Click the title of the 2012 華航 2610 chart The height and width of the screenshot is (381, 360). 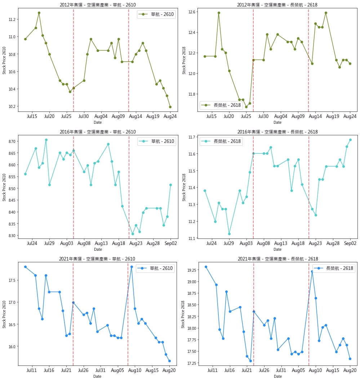tap(97, 5)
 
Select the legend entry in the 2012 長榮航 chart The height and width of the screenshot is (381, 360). tap(221, 105)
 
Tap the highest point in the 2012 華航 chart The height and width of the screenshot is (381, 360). tap(39, 13)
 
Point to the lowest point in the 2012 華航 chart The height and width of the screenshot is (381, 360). tap(170, 107)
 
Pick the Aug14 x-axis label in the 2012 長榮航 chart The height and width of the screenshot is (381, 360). tap(315, 117)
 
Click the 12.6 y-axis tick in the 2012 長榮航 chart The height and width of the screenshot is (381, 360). tap(191, 12)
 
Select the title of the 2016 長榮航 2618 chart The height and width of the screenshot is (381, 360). tap(277, 132)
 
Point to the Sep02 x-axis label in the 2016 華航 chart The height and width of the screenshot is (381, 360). tap(170, 244)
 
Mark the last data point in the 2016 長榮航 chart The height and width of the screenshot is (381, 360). tap(350, 140)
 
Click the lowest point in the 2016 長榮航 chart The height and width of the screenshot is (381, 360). tap(229, 234)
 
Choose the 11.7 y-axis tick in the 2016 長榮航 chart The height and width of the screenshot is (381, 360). tap(191, 137)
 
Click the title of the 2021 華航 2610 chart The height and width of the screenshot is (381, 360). tap(97, 259)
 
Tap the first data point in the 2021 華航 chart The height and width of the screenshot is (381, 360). tap(25, 267)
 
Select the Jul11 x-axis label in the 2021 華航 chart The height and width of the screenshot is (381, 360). tap(32, 370)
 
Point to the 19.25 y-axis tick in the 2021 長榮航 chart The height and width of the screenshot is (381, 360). tap(190, 270)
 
